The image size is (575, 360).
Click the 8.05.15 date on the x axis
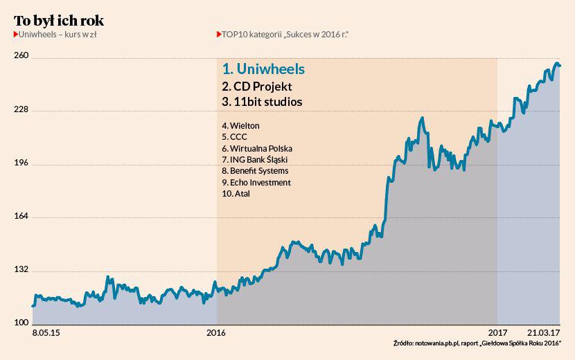(x=46, y=333)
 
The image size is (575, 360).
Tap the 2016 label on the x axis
(x=218, y=333)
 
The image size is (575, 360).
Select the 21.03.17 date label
(x=544, y=333)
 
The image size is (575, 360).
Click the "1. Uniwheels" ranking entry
(x=263, y=70)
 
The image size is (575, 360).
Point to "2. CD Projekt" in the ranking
(x=257, y=87)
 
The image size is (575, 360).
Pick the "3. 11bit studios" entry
(x=262, y=102)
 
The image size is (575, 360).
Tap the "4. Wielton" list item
(x=240, y=126)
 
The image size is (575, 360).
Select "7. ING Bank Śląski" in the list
(x=254, y=160)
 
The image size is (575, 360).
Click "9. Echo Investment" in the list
(x=256, y=182)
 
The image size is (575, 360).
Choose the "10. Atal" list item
(x=236, y=194)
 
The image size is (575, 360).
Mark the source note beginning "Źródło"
(x=477, y=344)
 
